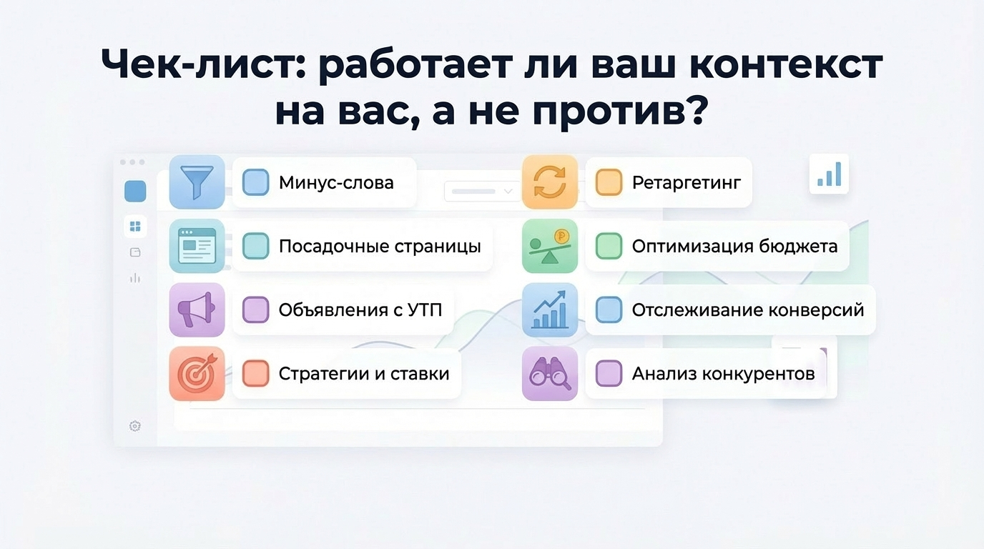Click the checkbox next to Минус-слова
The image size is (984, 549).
(x=256, y=182)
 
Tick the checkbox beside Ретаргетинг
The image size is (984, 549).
(x=609, y=182)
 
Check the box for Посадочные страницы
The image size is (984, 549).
(x=256, y=246)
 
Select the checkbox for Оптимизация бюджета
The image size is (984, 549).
(x=609, y=246)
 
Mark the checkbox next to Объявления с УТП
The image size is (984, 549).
(x=256, y=310)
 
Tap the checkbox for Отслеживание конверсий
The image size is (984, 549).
(x=609, y=310)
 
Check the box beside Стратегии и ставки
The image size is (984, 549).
(x=256, y=373)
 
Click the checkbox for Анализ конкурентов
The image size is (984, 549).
(x=609, y=373)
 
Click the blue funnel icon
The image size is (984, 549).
(x=197, y=182)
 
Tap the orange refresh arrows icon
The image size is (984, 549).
(x=549, y=182)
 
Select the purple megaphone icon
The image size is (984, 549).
(x=197, y=310)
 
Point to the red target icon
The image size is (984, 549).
(x=197, y=373)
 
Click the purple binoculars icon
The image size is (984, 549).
(x=549, y=373)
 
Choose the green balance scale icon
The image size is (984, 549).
(x=549, y=246)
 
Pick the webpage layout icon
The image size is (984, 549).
(x=197, y=246)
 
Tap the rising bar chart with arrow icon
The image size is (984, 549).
(x=549, y=310)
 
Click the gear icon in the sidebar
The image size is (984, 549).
(x=135, y=426)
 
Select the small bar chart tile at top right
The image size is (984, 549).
(x=829, y=174)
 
